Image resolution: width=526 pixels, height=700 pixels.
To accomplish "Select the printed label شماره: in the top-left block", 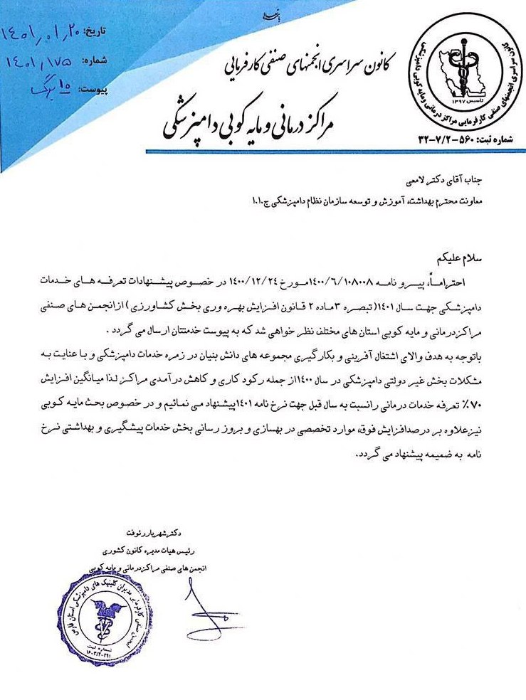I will (99, 60).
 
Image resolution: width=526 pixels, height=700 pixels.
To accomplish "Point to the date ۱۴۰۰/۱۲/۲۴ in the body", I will (266, 281).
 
